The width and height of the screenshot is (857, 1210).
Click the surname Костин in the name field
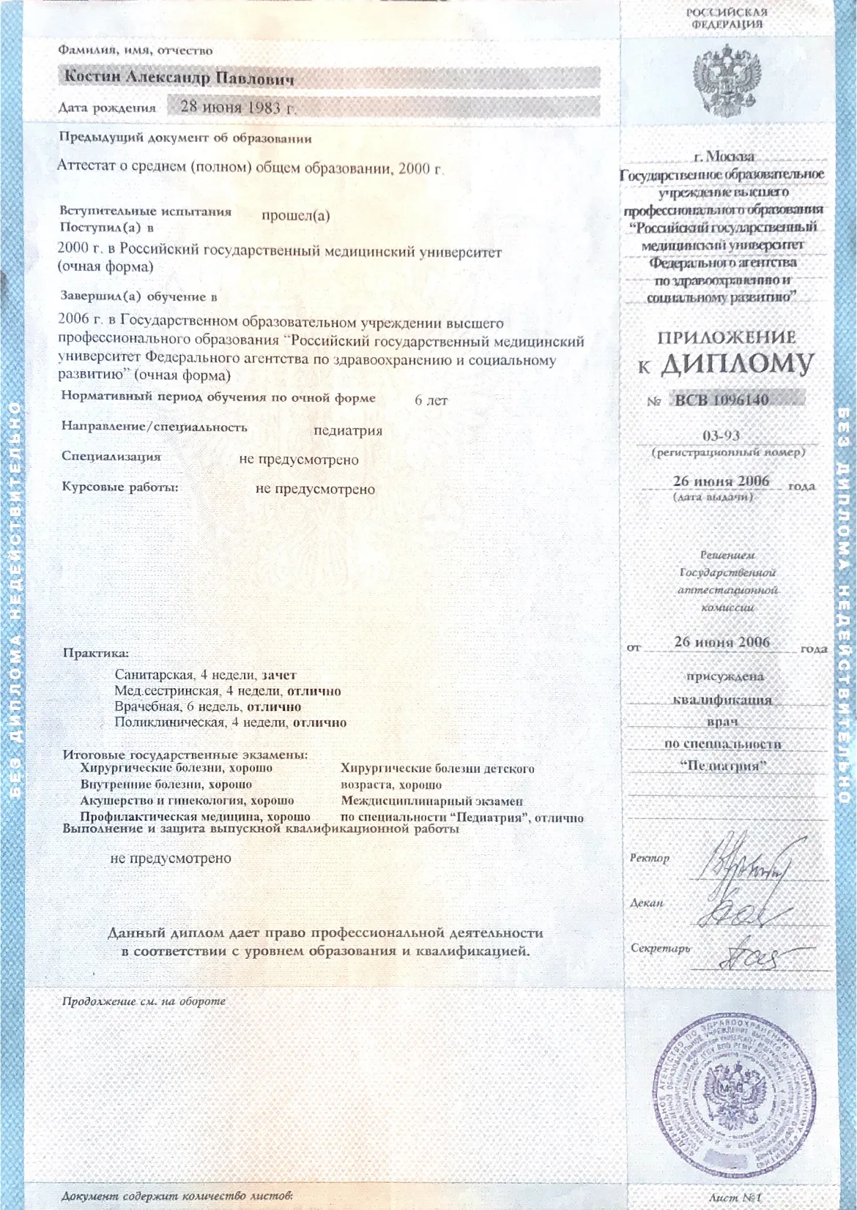pos(93,77)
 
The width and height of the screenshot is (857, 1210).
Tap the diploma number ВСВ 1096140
pos(721,400)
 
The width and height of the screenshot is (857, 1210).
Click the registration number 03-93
pos(721,436)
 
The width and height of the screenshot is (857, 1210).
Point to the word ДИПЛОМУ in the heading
pos(737,365)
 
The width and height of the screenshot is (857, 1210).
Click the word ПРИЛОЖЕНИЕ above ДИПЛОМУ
pos(726,337)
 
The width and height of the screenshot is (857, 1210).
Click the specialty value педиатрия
pos(348,430)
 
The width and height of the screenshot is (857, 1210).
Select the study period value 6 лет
pos(431,400)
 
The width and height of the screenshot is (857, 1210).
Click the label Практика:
pos(95,653)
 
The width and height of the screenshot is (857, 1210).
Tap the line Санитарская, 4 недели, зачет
pos(205,675)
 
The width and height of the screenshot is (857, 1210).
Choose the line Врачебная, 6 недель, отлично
pos(207,707)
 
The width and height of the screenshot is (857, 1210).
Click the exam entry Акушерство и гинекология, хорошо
pos(187,801)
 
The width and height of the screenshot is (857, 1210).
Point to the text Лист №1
pos(735,1198)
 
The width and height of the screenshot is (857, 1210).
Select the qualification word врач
pos(721,722)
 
